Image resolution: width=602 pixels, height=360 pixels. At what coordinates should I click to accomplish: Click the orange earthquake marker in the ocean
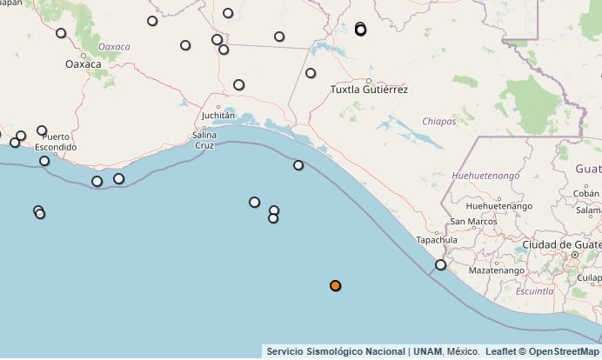335,286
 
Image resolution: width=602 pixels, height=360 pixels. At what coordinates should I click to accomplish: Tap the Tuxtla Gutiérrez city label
369,90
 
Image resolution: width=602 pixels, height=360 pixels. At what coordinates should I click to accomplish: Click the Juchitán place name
217,115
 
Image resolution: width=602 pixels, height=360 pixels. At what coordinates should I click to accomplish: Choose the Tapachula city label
437,239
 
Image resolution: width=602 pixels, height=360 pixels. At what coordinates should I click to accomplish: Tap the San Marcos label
471,221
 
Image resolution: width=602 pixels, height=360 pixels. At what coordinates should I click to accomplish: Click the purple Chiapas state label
439,122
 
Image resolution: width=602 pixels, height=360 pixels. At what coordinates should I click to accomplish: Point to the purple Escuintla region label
536,291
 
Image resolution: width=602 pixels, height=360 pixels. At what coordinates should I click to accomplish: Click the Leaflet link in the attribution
500,352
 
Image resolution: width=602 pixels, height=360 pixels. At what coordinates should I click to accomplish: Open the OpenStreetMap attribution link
565,352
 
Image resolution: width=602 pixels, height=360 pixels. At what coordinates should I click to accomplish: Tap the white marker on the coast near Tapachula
441,265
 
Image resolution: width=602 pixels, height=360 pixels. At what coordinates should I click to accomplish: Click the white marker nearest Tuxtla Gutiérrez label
311,73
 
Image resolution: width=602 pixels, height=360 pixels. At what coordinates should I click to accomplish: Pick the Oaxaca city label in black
84,64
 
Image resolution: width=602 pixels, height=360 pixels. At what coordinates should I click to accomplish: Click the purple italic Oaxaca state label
114,46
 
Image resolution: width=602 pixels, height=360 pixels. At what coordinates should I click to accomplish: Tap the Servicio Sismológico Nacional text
336,352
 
